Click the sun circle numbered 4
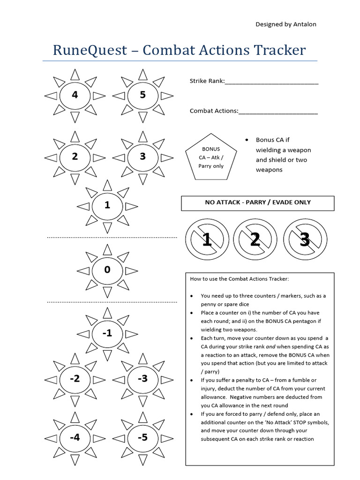(75, 96)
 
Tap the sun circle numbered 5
(143, 96)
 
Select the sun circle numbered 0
(107, 270)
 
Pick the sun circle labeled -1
(107, 333)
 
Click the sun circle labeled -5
(143, 438)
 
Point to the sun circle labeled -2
(75, 379)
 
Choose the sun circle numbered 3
(143, 157)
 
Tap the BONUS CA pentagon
(211, 157)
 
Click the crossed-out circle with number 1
(207, 240)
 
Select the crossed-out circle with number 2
(255, 240)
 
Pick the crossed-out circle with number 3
(305, 240)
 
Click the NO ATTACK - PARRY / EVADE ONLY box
(258, 203)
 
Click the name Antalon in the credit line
(304, 24)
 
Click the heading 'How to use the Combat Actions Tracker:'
(240, 279)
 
